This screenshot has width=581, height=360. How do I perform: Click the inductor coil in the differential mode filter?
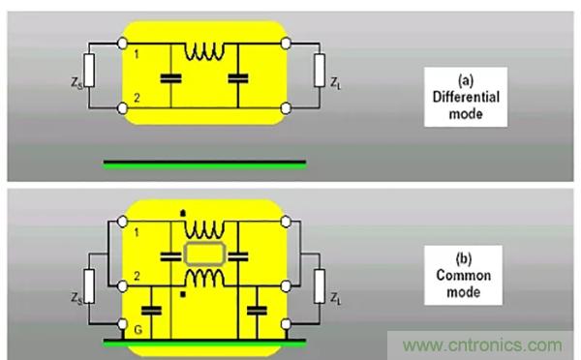coord(204,52)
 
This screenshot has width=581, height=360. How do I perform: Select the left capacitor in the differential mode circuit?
coord(170,78)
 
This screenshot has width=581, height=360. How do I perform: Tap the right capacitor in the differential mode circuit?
coord(238,78)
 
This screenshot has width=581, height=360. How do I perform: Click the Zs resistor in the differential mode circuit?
coord(89,71)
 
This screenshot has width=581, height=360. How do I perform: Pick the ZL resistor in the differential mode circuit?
coord(320,71)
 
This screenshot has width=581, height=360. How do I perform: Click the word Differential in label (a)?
coord(466,97)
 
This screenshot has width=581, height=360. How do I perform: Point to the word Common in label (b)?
coord(464,275)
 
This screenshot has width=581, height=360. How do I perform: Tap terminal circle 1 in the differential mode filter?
coord(122,44)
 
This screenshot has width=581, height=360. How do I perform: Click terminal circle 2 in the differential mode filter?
coord(122,108)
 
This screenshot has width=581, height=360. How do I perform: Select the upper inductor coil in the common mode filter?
coord(204,230)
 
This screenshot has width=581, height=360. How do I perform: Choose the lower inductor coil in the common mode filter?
coord(204,278)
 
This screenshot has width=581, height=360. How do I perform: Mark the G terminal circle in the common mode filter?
coord(122,324)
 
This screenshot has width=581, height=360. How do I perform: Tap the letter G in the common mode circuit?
coord(138,330)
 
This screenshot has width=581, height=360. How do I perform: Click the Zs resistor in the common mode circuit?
coord(89,286)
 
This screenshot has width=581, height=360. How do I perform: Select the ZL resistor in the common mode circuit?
coord(320,286)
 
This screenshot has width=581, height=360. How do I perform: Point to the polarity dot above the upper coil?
coord(183,213)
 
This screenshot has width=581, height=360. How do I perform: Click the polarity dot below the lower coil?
coord(183,295)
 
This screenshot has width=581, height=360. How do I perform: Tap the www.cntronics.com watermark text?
coord(482,345)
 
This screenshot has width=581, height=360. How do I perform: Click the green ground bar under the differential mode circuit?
coord(204,165)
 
